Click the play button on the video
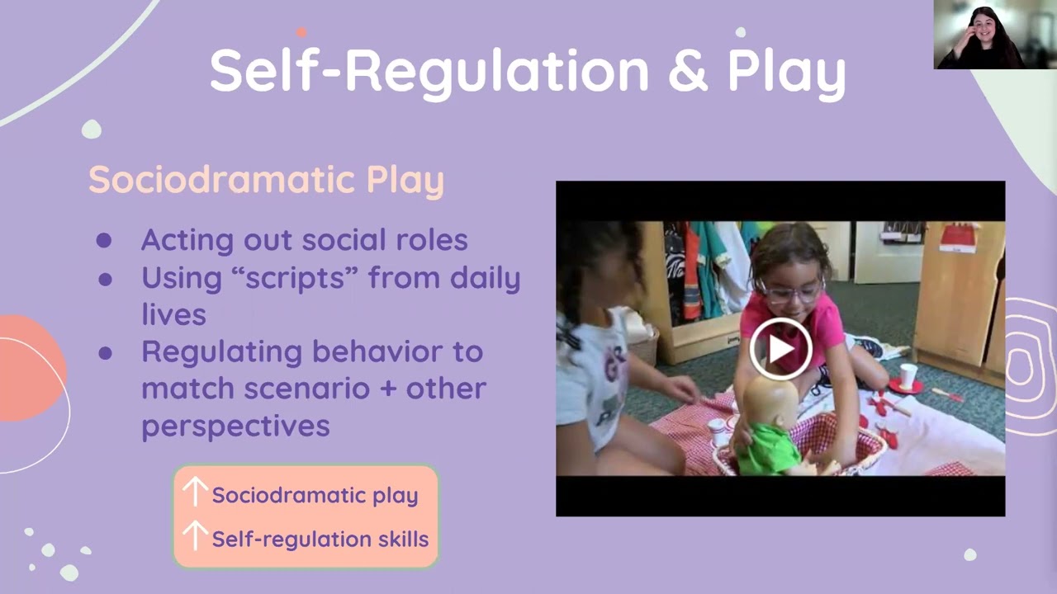pyautogui.click(x=780, y=349)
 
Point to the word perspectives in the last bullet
pyautogui.click(x=235, y=426)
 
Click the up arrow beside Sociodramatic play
pyautogui.click(x=194, y=493)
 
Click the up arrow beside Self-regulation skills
pyautogui.click(x=194, y=536)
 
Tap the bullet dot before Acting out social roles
pyautogui.click(x=104, y=240)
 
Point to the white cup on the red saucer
pyautogui.click(x=908, y=375)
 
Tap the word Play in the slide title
pyautogui.click(x=786, y=71)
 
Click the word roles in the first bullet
pyautogui.click(x=431, y=240)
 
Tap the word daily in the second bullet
pyautogui.click(x=483, y=277)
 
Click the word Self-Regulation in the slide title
pyautogui.click(x=429, y=71)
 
